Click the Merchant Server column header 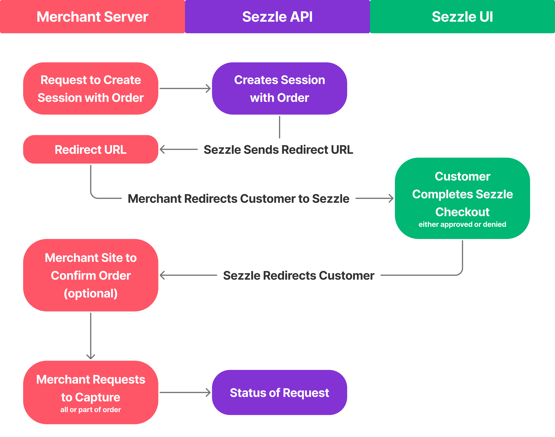(92, 17)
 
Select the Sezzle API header (277, 17)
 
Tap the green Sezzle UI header (462, 17)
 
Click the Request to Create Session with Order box (91, 89)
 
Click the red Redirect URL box (91, 149)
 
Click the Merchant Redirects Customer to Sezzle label (238, 199)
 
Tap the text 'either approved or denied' (462, 224)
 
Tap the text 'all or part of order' (91, 410)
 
